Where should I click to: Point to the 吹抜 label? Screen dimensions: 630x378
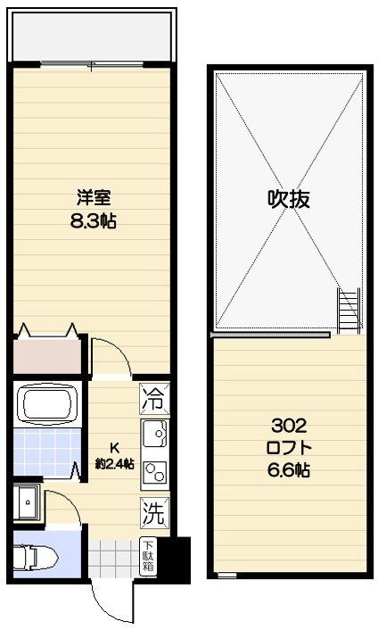pyautogui.click(x=289, y=199)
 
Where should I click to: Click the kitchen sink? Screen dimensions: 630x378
pyautogui.click(x=155, y=435)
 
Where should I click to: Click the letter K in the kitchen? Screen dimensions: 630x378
pyautogui.click(x=114, y=449)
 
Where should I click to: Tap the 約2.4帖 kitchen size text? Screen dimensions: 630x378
pyautogui.click(x=114, y=464)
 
